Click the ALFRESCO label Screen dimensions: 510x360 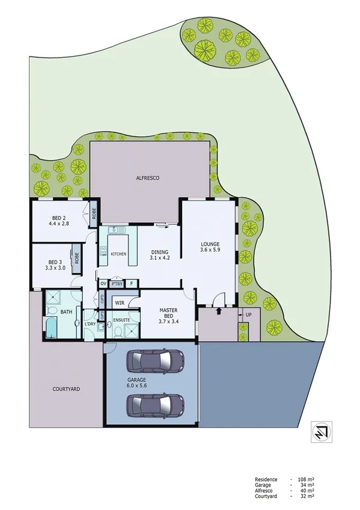[x=147, y=179]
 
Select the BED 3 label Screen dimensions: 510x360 [x=55, y=266]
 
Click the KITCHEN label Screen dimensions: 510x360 [x=118, y=254]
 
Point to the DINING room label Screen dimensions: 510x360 [x=159, y=256]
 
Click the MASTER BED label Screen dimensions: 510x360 [x=168, y=316]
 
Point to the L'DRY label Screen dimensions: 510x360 [x=91, y=324]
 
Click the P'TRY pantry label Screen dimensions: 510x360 [x=117, y=283]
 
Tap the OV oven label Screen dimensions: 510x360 [x=103, y=283]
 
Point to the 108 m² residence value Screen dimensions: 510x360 [x=307, y=479]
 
